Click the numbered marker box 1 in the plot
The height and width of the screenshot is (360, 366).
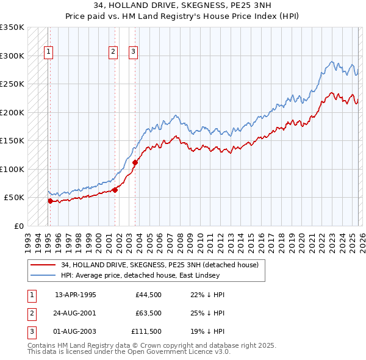tap(48, 52)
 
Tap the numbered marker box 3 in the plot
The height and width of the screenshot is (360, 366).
tap(133, 52)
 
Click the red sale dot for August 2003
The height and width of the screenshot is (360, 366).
tap(135, 162)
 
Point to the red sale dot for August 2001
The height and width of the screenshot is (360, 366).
tap(115, 190)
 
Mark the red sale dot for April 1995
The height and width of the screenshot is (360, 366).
tap(50, 200)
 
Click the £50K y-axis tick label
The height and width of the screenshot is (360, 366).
tap(14, 198)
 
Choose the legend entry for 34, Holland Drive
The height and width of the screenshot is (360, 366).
tap(160, 265)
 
